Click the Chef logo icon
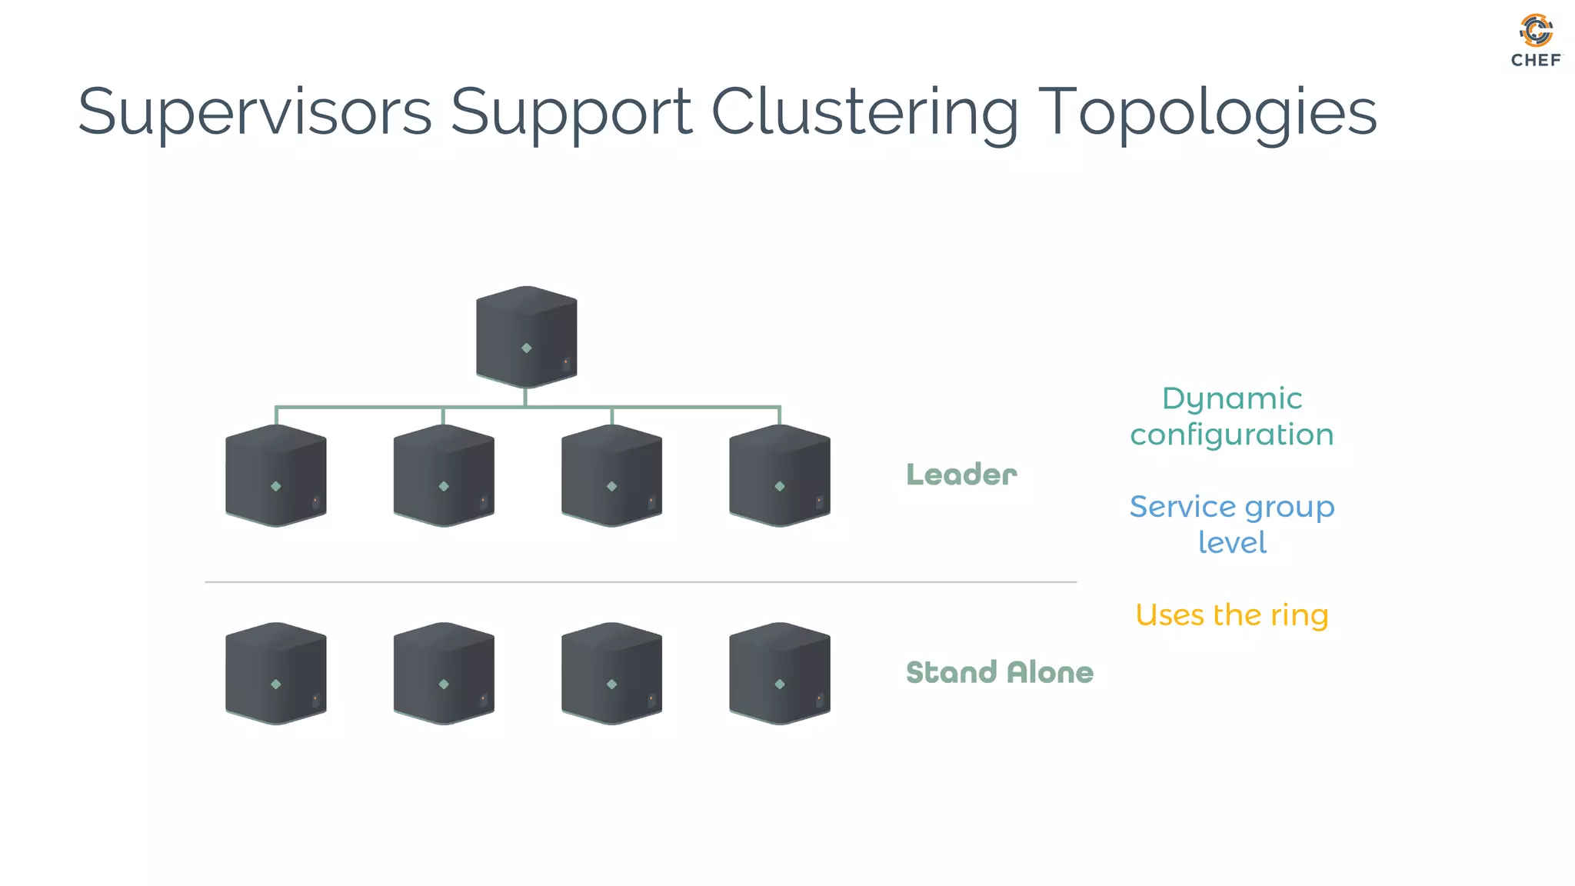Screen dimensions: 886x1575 click(1536, 31)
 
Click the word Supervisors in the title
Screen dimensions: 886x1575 click(255, 112)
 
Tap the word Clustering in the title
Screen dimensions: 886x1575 click(864, 112)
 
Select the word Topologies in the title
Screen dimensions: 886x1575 click(1207, 112)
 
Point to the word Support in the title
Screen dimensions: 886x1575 click(571, 112)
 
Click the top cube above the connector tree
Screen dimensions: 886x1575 click(526, 336)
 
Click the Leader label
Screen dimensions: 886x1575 click(961, 475)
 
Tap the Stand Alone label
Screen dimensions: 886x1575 click(999, 672)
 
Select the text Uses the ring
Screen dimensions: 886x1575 click(1231, 615)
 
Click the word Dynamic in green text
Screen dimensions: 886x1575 click(1231, 398)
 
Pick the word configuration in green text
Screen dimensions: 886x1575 click(1231, 435)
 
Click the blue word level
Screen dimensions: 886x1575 click(1231, 543)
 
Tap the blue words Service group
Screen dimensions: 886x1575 click(1231, 507)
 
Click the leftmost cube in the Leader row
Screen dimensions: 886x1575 click(275, 475)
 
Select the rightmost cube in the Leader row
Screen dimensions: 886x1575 click(779, 475)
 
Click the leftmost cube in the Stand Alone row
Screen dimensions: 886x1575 click(275, 673)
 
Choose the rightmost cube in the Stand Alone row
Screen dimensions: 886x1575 click(779, 673)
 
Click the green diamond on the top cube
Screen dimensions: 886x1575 click(526, 348)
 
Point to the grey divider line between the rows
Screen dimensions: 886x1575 click(640, 582)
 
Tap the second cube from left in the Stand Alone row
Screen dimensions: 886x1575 click(444, 673)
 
